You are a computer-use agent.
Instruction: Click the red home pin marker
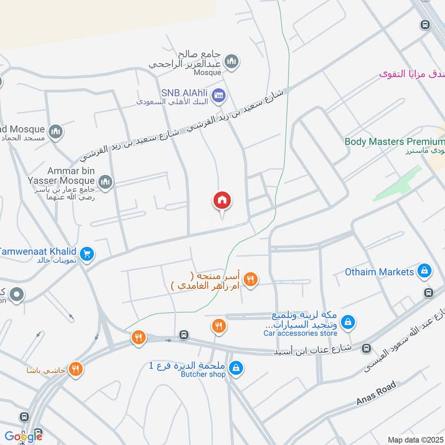pos(221,201)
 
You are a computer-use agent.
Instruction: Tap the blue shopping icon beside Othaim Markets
pos(424,271)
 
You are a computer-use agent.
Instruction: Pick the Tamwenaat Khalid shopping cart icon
pos(86,255)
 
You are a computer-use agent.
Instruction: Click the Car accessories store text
pos(300,333)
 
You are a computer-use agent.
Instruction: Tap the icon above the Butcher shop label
pos(236,369)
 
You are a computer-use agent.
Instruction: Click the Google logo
pos(23,436)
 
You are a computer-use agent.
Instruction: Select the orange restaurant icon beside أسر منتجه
pos(251,280)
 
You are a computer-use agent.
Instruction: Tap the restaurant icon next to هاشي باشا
pos(76,369)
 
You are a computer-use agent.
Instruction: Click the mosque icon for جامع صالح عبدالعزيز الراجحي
pos(232,61)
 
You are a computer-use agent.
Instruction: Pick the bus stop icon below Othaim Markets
pos(428,293)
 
